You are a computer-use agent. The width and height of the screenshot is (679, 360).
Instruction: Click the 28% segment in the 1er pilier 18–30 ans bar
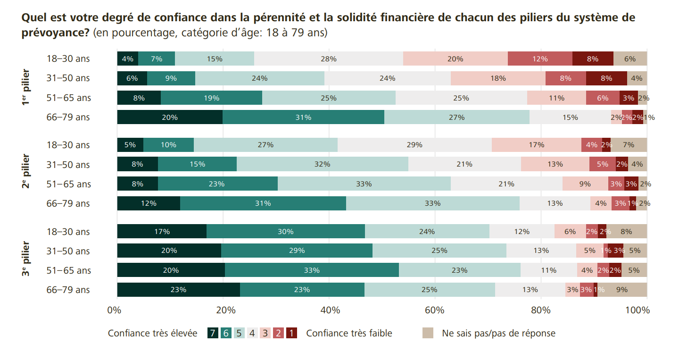coord(329,59)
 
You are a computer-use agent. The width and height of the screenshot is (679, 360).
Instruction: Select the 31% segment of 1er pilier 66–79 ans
coord(304,117)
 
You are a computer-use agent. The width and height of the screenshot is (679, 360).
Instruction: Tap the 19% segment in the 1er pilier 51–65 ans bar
coord(211,98)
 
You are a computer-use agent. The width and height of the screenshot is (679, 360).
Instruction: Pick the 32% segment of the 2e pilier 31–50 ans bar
coord(322,164)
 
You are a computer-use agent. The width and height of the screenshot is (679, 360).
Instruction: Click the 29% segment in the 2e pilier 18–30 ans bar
coord(414,145)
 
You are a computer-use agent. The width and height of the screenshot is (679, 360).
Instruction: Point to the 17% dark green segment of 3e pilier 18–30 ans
coord(162,231)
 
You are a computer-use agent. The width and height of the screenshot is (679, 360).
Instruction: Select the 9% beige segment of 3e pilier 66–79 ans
coord(622,290)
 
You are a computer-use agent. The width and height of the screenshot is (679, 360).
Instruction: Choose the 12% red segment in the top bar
coord(540,59)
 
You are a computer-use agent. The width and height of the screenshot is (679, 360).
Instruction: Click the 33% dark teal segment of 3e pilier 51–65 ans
coord(312,270)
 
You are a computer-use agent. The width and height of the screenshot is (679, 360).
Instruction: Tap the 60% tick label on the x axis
coord(434,310)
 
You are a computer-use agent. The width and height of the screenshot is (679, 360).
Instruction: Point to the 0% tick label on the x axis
coord(114,310)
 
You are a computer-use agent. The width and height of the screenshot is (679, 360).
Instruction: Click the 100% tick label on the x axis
coord(638,310)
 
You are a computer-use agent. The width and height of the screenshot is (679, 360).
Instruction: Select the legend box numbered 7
coord(213,333)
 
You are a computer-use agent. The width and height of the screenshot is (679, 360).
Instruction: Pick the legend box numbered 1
coord(291,333)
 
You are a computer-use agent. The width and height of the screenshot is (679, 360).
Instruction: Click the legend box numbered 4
coord(252,333)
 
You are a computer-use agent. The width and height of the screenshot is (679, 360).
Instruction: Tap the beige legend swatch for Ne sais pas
coord(428,333)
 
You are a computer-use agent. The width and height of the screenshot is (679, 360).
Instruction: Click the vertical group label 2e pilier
coord(26,171)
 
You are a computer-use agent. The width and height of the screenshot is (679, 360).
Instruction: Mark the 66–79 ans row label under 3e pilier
coord(68,290)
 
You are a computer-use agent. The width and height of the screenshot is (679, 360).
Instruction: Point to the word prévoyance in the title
coord(55,33)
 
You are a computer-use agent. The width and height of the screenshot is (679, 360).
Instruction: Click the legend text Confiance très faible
coord(349,333)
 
